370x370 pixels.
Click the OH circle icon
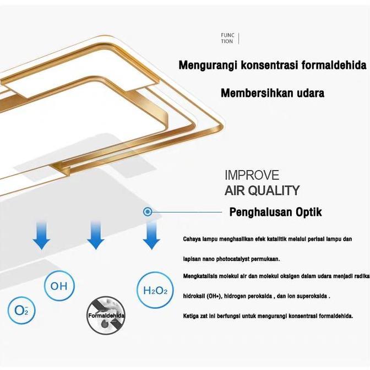click(59, 286)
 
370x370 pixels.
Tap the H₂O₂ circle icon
click(155, 290)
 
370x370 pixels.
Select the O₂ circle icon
click(21, 310)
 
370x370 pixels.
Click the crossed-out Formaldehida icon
click(106, 315)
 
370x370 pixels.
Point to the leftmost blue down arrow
click(41, 235)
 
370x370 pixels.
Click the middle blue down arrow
click(96, 235)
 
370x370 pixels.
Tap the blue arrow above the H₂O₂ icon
click(152, 235)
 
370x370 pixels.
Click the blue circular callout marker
click(148, 211)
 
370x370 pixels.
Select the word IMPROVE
click(252, 175)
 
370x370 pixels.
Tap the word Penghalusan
click(261, 212)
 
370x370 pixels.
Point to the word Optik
click(309, 212)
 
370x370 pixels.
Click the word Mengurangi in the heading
click(208, 65)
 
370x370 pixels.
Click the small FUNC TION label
click(227, 38)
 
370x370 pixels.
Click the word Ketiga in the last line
click(191, 316)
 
